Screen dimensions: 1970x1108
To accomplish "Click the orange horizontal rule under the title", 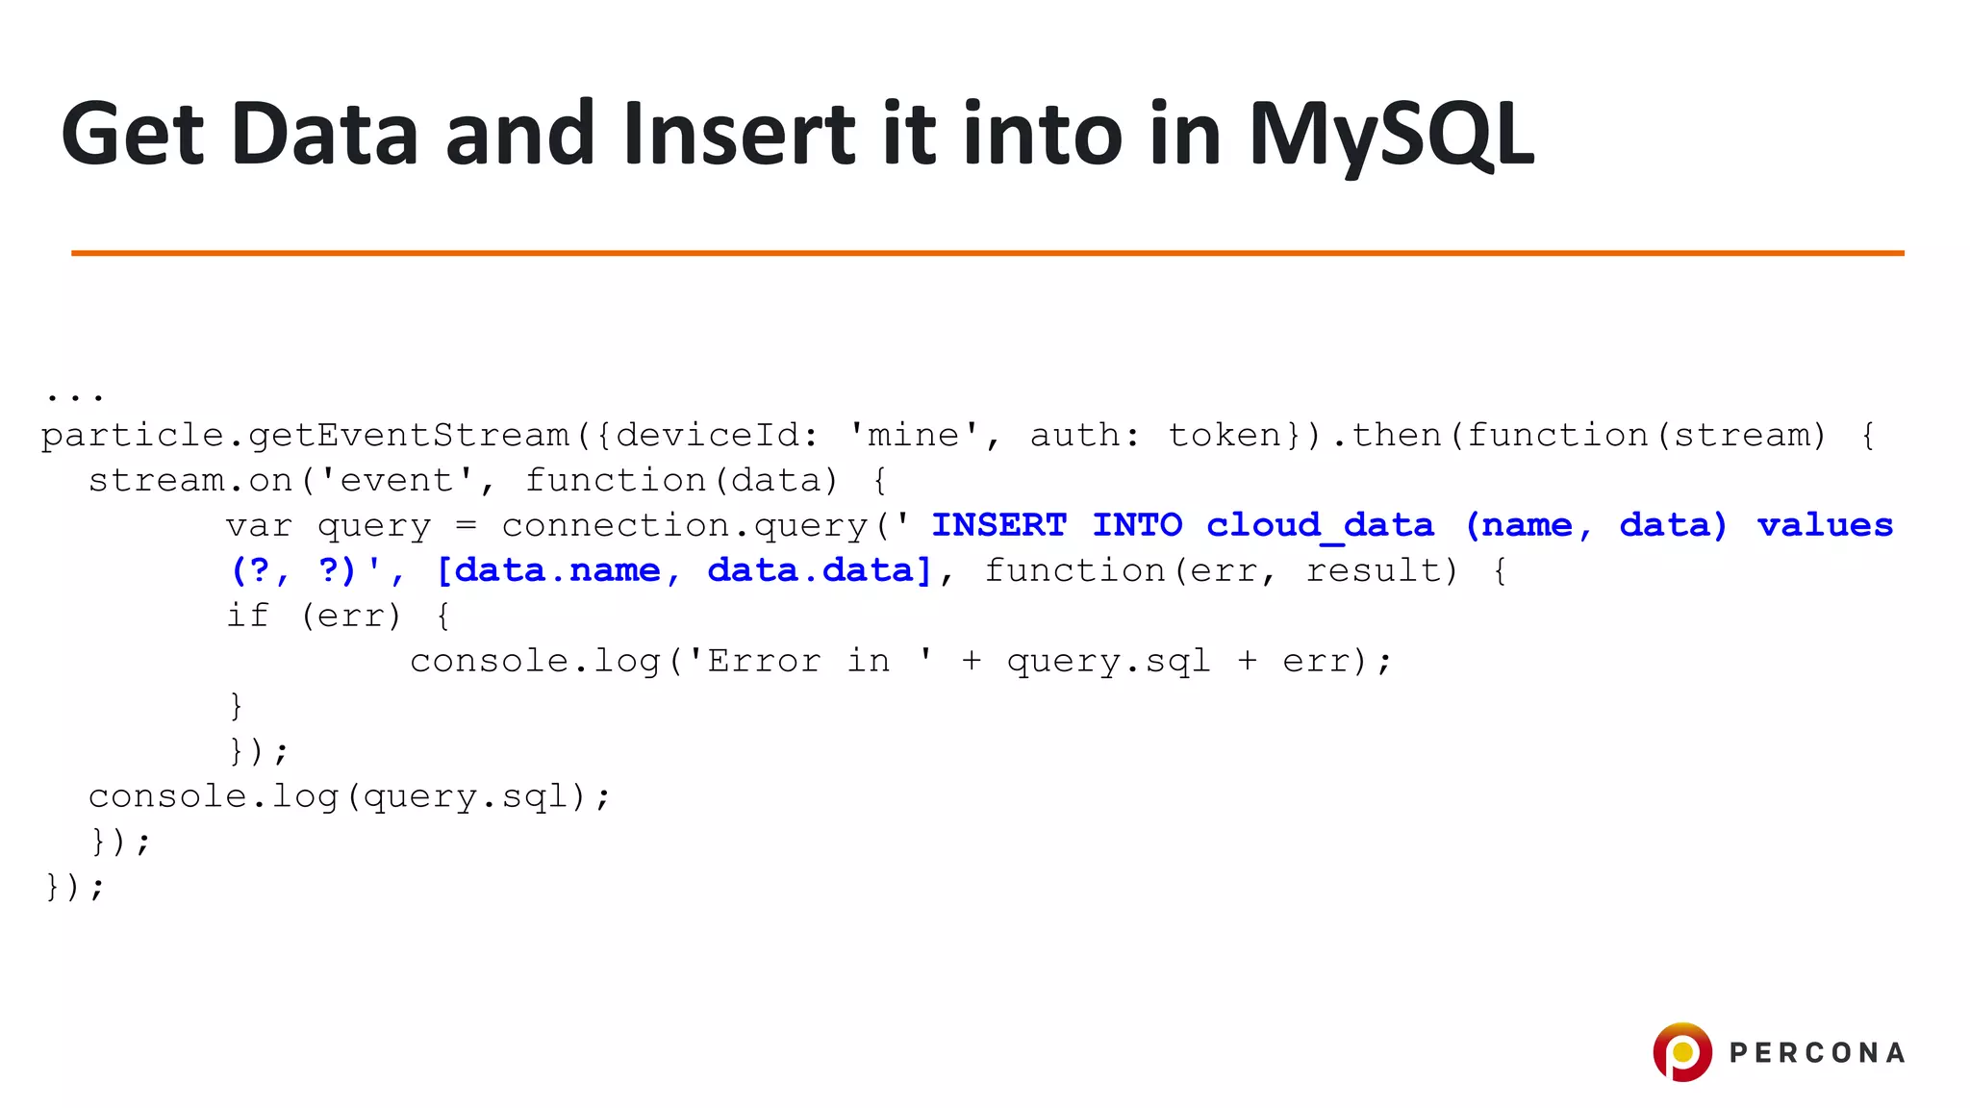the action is tap(987, 253).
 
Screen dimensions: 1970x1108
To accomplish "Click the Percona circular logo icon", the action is tap(1681, 1051).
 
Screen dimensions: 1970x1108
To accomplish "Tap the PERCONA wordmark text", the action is tap(1817, 1053).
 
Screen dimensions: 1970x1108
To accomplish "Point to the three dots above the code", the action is tap(74, 394).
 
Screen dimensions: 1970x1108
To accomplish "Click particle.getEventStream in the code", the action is tap(305, 436).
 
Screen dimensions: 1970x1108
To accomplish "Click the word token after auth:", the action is tap(1224, 436).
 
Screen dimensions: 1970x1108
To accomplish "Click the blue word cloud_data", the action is tap(1320, 526).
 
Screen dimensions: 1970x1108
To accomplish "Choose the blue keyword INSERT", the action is tap(998, 526).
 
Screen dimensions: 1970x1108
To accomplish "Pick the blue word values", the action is tap(1825, 526).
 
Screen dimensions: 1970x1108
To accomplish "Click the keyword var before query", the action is tap(259, 526).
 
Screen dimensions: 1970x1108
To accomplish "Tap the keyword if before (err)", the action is tap(247, 616).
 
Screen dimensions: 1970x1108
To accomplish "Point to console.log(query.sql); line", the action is tap(349, 796).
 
